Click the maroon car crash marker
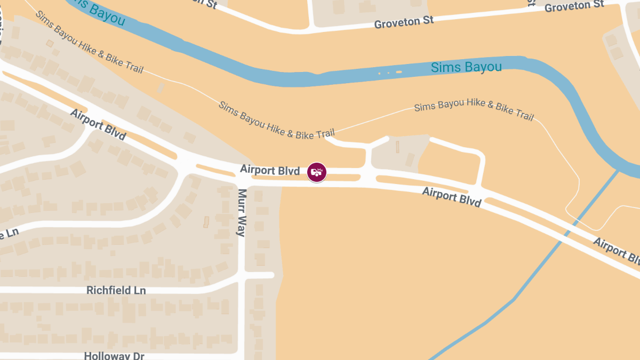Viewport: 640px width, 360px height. [316, 172]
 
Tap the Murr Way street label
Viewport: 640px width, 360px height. [242, 212]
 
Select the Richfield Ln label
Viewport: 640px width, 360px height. [116, 291]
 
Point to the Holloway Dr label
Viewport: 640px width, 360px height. [114, 356]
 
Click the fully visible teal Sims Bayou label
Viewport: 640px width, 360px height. [466, 67]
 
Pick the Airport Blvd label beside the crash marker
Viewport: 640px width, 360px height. [269, 170]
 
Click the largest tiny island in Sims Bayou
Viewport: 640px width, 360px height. [398, 72]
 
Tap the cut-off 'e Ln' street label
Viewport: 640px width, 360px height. [10, 234]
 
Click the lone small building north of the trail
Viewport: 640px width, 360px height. [161, 87]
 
